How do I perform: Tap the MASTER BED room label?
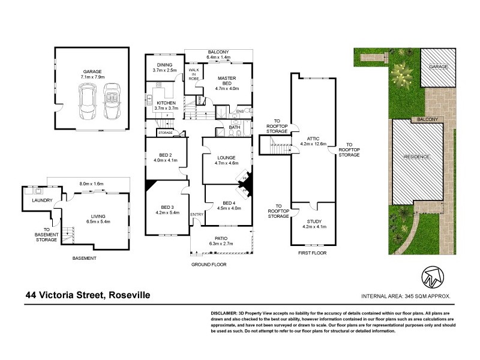click(x=227, y=80)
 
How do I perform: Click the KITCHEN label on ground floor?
click(x=166, y=103)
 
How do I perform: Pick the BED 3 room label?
click(x=158, y=207)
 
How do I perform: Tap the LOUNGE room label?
click(x=227, y=157)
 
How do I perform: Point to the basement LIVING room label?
click(x=98, y=216)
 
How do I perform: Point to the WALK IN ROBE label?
click(x=194, y=72)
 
